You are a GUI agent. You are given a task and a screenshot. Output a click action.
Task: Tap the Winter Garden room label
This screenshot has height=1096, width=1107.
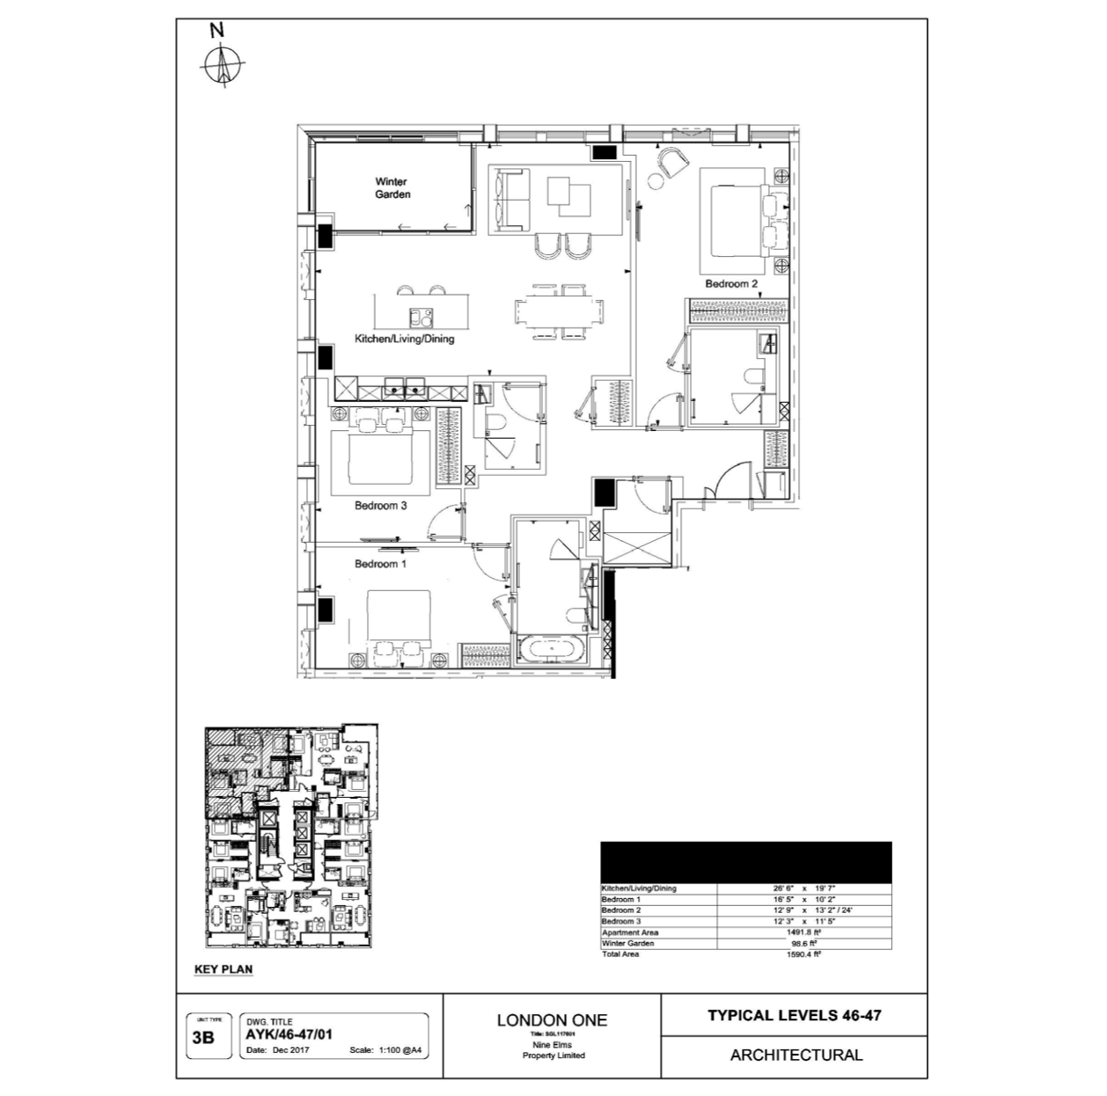click(392, 188)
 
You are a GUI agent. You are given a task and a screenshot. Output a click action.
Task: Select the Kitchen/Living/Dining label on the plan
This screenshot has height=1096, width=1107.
click(404, 339)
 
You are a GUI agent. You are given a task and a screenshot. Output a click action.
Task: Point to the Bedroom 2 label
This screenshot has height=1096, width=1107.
click(731, 284)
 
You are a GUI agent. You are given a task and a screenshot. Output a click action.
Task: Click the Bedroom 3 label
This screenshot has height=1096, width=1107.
click(380, 506)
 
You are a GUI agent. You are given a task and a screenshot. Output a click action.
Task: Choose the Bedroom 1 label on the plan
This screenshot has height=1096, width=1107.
click(380, 564)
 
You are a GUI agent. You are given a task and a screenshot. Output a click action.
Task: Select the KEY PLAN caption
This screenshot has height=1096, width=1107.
click(223, 969)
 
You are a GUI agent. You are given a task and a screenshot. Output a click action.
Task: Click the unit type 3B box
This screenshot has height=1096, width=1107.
click(203, 1037)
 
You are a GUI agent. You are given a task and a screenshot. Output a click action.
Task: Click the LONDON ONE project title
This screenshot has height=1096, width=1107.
click(552, 1020)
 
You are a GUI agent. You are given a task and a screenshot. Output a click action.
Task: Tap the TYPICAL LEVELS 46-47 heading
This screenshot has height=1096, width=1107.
click(794, 1015)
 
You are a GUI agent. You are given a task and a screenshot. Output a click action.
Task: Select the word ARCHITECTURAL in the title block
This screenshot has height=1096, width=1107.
click(795, 1055)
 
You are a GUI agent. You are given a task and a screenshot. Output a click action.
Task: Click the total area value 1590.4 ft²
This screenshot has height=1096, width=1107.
click(803, 954)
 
